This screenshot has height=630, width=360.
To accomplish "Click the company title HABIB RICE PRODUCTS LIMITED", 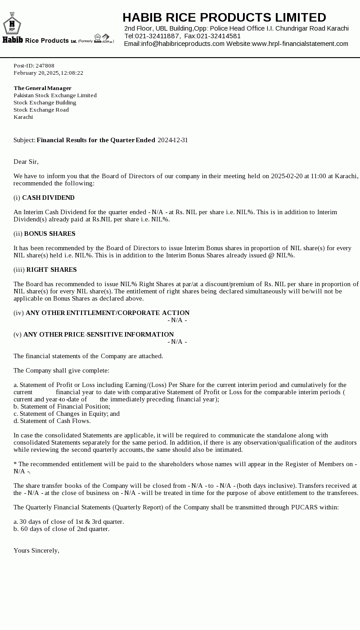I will tap(224, 18).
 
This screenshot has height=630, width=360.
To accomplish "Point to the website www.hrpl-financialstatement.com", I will tap(300, 44).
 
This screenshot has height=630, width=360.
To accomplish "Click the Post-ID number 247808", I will tap(45, 66).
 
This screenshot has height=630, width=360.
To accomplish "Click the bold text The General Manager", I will tap(42, 88).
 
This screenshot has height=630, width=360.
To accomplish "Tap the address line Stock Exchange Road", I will tap(41, 110).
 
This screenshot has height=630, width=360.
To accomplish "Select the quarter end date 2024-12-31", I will tap(173, 140).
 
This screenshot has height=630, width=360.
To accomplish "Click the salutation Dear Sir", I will tap(26, 162).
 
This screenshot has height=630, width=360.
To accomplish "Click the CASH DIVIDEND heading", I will tap(48, 198).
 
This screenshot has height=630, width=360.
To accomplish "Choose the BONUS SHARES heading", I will tap(49, 234).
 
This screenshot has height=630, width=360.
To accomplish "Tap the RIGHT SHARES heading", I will tap(51, 270).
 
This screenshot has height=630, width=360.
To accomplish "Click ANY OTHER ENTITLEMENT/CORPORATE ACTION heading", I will tap(108, 313).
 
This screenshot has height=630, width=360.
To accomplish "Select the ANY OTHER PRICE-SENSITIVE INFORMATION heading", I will tap(99, 334).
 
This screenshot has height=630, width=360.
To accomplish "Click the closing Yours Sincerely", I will tap(36, 550).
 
